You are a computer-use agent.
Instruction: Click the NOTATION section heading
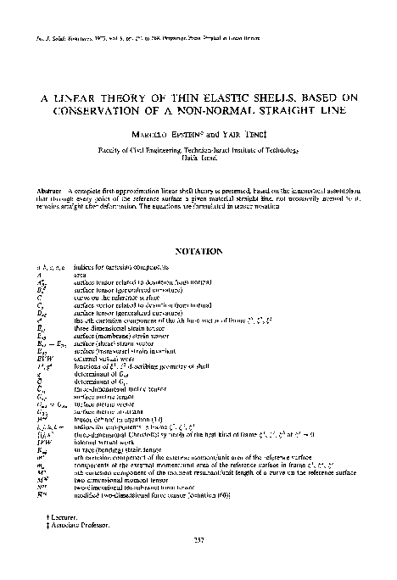pyautogui.click(x=198, y=251)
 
